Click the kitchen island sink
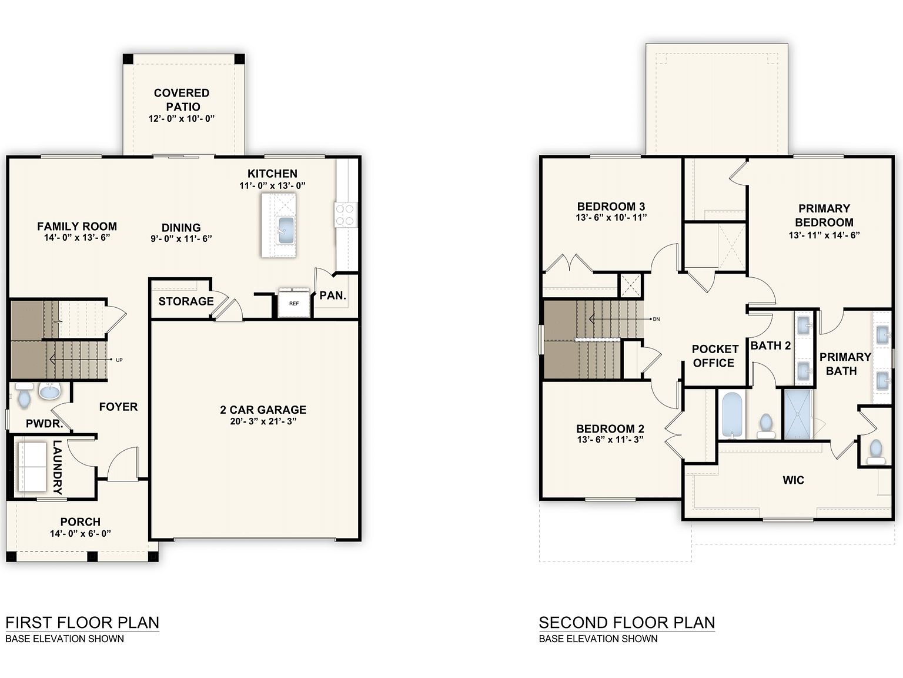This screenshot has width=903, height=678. coord(286,231)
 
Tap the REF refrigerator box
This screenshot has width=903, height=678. coord(294,303)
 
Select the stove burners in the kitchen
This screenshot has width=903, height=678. coord(345,215)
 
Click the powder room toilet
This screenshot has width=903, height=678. coord(24,395)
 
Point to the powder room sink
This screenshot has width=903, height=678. coord(50,391)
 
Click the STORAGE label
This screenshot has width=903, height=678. coord(186,301)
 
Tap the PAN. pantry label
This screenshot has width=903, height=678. coord(333,295)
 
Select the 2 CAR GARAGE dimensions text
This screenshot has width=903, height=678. coord(263,421)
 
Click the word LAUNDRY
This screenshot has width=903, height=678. coord(58,467)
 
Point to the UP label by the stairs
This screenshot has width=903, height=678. coord(119,360)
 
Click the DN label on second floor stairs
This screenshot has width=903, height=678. coord(656,319)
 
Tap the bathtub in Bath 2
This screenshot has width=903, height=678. coord(733,416)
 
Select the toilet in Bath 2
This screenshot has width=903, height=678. coord(766,426)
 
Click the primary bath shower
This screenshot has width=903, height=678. coord(798,414)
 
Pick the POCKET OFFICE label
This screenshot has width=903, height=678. coord(715,356)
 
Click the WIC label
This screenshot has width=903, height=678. coord(793,480)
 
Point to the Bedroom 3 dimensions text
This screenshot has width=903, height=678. coord(611,217)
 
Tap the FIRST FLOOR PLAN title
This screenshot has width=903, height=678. coord(82,623)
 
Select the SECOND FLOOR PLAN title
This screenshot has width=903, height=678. coord(627,623)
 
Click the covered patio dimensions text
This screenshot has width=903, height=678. coord(182,118)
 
